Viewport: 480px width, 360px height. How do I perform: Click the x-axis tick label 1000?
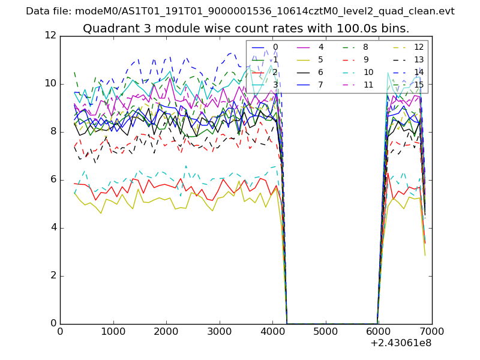pos(113,330)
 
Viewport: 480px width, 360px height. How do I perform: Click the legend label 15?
pos(419,85)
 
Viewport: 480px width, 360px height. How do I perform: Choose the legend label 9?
pos(365,59)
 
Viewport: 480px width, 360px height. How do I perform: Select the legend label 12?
pos(419,47)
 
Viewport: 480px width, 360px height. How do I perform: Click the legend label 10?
pos(368,72)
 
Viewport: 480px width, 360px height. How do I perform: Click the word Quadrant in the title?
pos(107,29)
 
